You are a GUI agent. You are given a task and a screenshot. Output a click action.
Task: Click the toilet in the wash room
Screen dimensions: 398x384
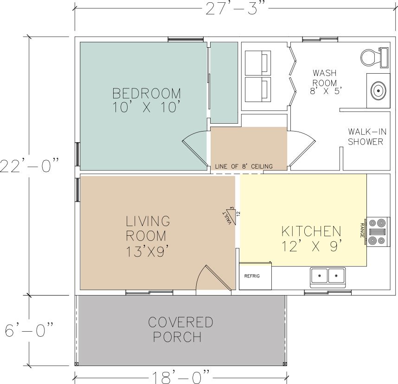tap(374, 57)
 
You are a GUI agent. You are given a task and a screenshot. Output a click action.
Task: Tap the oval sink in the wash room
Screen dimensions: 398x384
tap(378, 90)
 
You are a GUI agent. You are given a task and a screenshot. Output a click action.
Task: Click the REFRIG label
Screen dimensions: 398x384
tap(252, 276)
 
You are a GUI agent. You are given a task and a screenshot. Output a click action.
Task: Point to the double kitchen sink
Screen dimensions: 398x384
tap(327, 277)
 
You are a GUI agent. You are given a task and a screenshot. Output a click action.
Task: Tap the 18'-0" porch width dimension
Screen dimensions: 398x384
tap(181, 378)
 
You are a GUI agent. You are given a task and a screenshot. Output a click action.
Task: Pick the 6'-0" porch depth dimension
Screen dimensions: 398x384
tap(29, 330)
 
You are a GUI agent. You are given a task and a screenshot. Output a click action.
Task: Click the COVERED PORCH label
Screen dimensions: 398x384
tap(180, 329)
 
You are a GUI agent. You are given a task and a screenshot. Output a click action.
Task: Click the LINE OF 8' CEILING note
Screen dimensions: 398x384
tap(244, 167)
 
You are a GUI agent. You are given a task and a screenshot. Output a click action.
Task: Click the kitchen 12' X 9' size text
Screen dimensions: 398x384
tap(312, 246)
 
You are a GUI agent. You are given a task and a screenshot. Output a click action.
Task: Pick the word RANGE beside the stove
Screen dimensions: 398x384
tap(362, 230)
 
